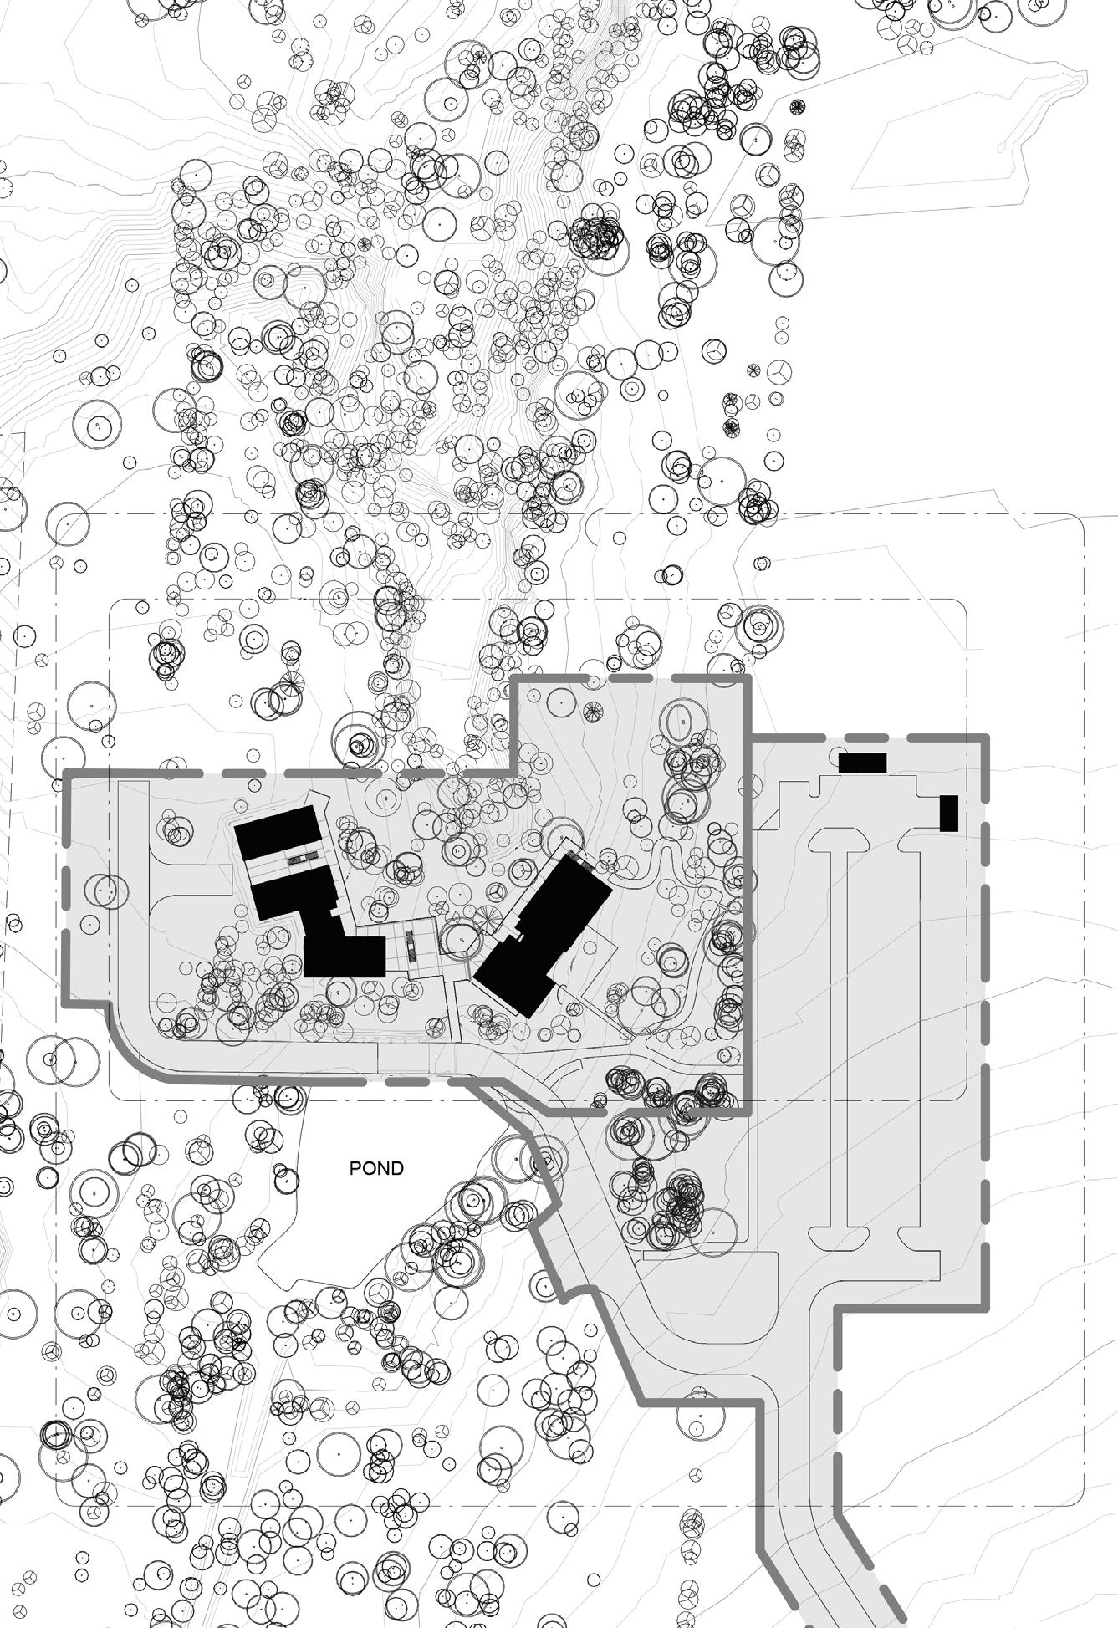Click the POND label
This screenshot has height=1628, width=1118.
376,1168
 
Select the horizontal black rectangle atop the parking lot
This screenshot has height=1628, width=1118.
861,763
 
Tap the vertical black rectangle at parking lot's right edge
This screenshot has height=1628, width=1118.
948,813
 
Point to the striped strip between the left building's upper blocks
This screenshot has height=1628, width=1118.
300,858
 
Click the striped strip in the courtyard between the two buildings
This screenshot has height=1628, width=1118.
411,945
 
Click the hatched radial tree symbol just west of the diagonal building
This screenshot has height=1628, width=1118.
487,915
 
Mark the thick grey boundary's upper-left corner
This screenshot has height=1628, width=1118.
67,773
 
